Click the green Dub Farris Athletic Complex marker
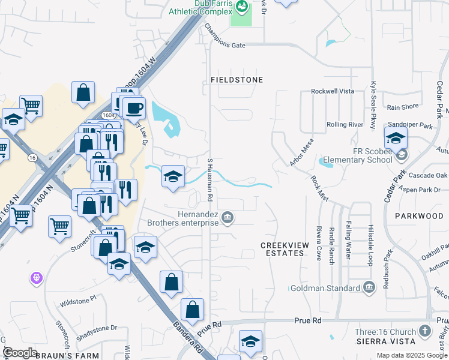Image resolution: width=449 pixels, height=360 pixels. point(242,7)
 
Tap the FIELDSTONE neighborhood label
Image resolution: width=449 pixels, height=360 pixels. point(237,79)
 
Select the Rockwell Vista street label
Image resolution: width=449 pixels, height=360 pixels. point(333,91)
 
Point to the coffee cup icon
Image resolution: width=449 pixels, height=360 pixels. point(134,109)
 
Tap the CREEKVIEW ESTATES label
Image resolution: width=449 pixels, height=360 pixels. point(282,249)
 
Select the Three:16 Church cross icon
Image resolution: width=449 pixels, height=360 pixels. point(425,332)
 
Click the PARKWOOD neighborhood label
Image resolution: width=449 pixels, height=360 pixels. point(419,215)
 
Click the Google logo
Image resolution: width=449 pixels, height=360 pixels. point(20,353)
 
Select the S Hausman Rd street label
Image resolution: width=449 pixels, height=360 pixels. point(210,179)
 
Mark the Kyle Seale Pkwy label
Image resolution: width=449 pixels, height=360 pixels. point(373,104)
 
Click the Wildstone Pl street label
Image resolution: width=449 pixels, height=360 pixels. point(77,298)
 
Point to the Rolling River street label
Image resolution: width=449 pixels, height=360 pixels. point(345,124)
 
